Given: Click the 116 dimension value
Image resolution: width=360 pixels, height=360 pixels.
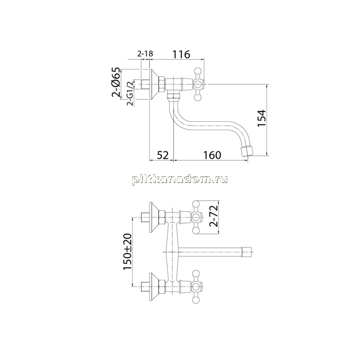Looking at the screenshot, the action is tap(181, 54).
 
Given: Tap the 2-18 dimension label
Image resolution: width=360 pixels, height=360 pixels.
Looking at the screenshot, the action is tap(145, 53).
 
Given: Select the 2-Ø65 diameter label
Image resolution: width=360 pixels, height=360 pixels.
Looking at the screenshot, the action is tap(116, 82).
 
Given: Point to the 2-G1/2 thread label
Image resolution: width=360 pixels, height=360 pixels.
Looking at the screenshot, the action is tap(130, 93).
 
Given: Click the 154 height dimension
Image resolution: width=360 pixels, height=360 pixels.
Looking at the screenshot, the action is tap(261, 118).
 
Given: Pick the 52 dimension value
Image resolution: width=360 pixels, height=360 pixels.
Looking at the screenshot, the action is tap(163, 155).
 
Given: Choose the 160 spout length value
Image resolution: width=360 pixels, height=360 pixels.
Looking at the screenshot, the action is tap(212, 155).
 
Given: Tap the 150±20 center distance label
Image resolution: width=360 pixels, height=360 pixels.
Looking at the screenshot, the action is tap(128, 251).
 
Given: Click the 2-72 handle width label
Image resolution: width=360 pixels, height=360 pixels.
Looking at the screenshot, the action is tap(213, 216).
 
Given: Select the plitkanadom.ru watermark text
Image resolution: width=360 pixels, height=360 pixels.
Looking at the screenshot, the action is tap(180, 179).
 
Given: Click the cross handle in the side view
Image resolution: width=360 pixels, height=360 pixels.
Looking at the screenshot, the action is tap(198, 84).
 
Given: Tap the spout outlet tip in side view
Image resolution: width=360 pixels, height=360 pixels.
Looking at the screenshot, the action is tap(246, 151).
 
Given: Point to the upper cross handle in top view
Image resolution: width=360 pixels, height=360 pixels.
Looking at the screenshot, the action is tap(196, 217).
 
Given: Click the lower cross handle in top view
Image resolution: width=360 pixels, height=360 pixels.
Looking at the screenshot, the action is tap(196, 287).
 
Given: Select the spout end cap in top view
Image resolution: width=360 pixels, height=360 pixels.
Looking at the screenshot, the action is tap(247, 251).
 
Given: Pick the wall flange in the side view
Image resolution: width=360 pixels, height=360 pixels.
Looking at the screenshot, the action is tap(154, 84).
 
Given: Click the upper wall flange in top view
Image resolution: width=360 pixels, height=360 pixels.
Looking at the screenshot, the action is tap(154, 217).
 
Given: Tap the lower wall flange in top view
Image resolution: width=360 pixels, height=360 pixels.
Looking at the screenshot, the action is tap(154, 287).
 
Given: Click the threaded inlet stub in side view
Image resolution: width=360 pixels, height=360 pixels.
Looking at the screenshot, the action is tap(145, 84).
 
